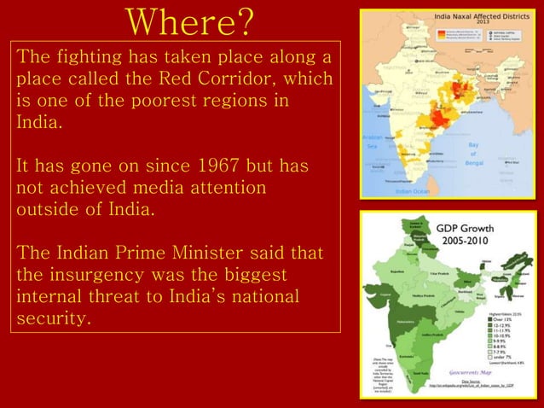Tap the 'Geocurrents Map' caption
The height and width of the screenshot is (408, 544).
[x=473, y=373]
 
